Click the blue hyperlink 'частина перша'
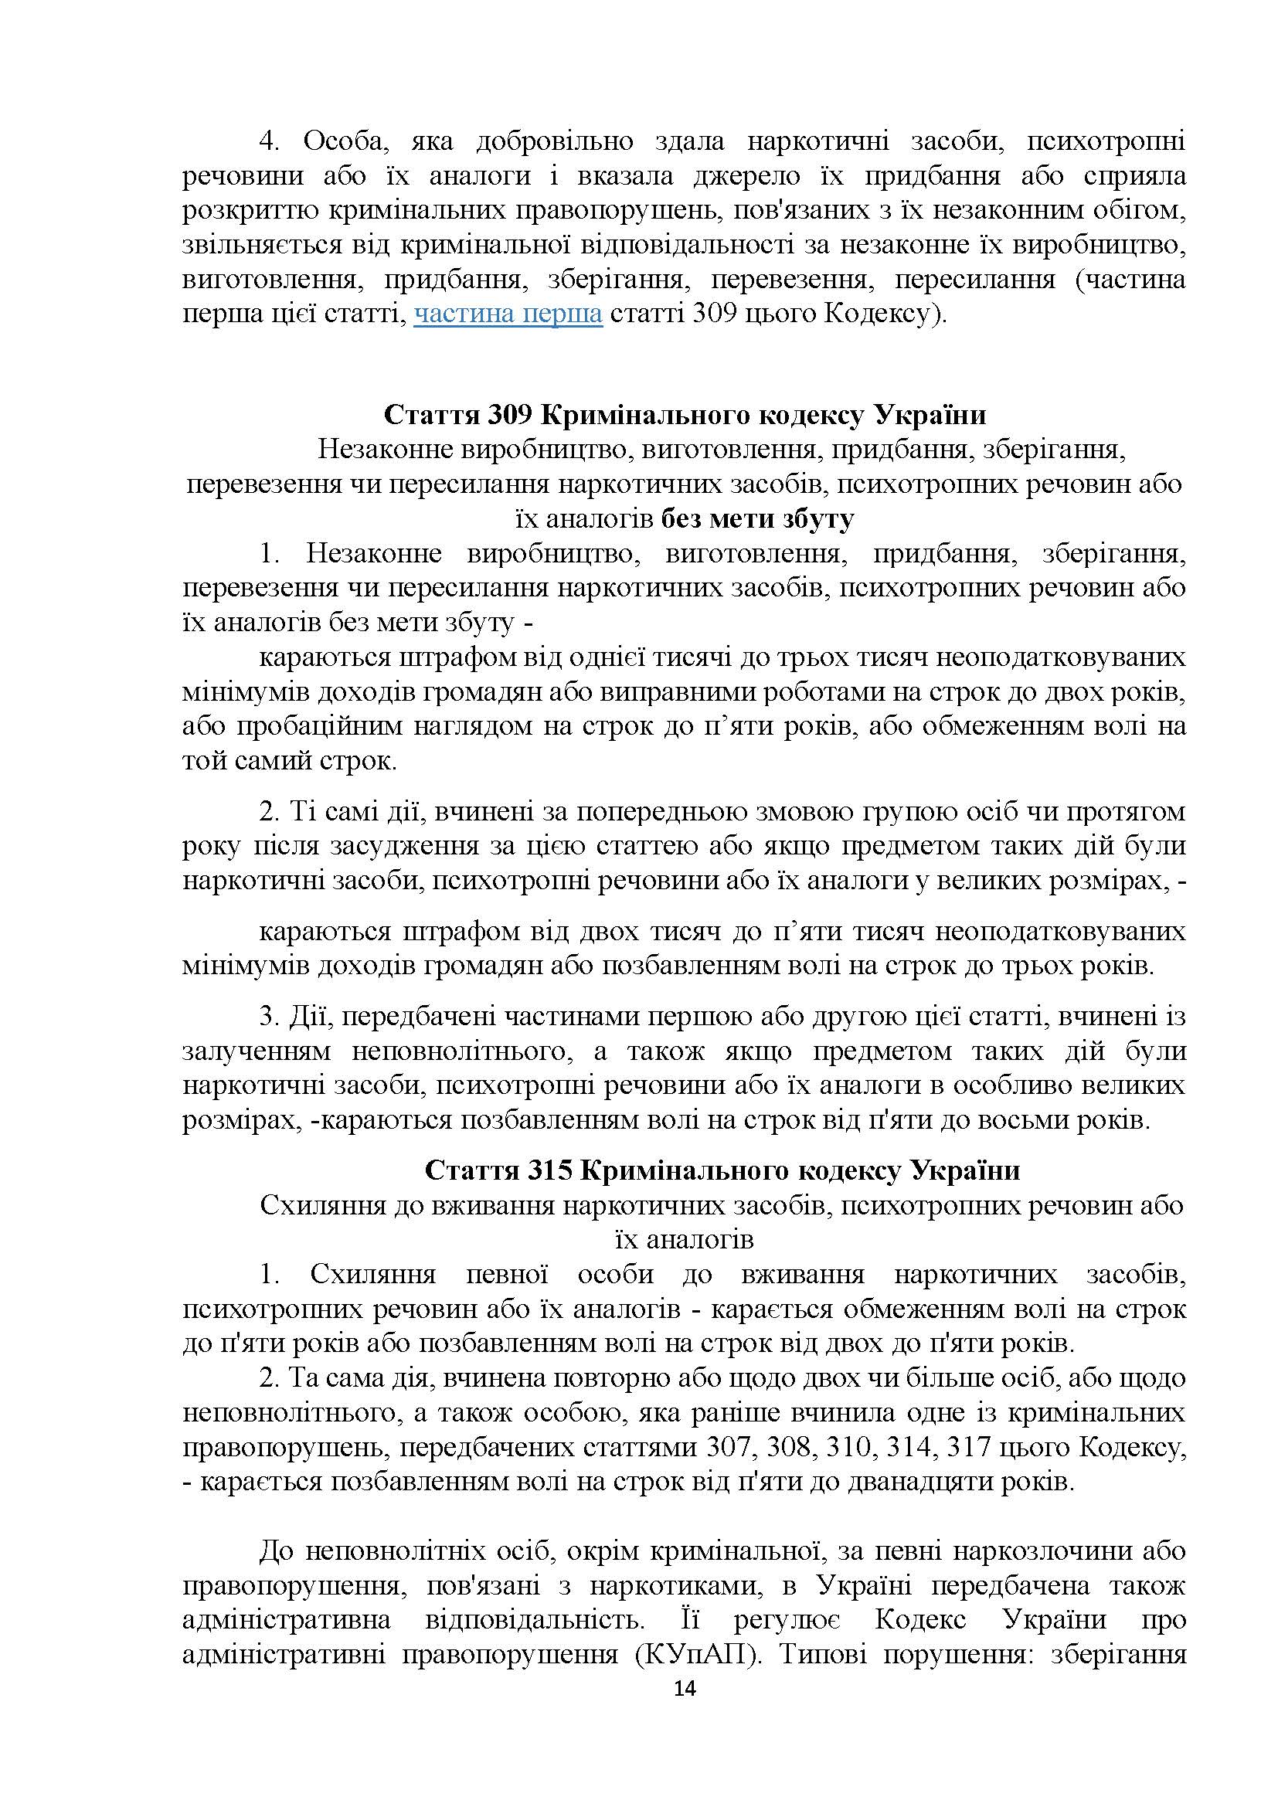508,314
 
